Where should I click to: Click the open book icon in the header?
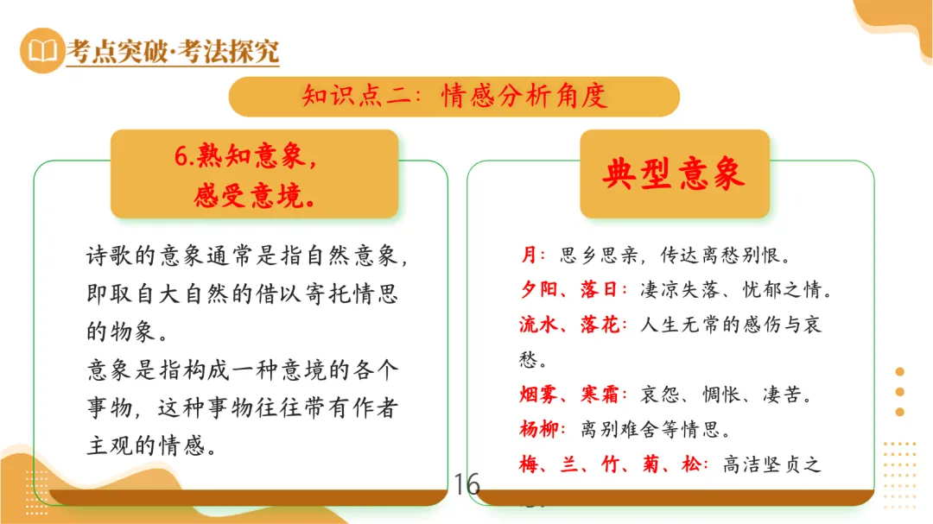(x=41, y=51)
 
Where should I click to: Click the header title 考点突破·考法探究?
(x=173, y=52)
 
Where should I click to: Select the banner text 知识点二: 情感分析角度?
(x=454, y=96)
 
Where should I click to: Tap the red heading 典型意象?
(x=674, y=174)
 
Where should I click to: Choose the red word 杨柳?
(x=541, y=429)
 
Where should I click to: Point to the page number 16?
(x=466, y=485)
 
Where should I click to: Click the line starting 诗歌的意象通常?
(x=242, y=256)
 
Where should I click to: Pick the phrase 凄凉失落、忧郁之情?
(x=734, y=290)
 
